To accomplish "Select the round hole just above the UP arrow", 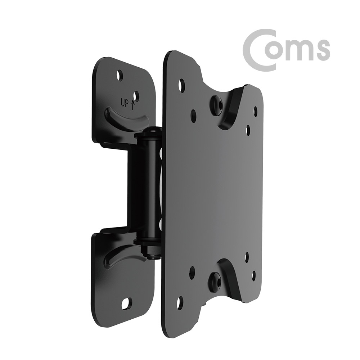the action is pyautogui.click(x=136, y=95).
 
